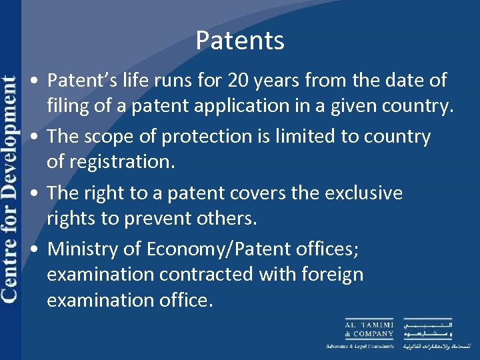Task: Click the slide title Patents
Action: pyautogui.click(x=240, y=41)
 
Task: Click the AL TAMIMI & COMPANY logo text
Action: pyautogui.click(x=369, y=329)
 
